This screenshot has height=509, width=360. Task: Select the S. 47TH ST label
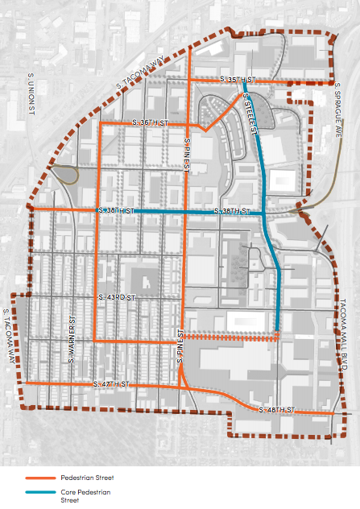click(x=111, y=384)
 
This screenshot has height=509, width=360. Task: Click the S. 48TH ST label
click(x=280, y=411)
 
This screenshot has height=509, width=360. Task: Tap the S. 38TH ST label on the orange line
click(x=114, y=210)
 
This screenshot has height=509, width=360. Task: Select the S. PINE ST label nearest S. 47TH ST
click(x=183, y=346)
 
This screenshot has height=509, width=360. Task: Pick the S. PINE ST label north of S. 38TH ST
click(x=184, y=153)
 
